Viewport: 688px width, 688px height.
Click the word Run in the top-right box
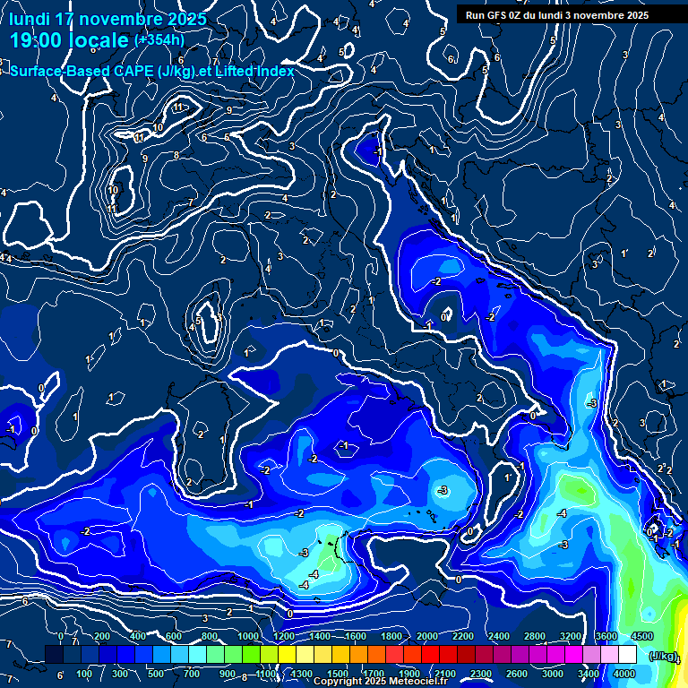point(475,15)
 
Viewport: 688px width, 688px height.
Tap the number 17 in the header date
point(64,19)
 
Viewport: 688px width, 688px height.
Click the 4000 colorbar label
point(624,674)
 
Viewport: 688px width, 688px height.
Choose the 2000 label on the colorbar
point(427,636)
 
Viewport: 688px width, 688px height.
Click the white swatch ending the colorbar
point(627,655)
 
